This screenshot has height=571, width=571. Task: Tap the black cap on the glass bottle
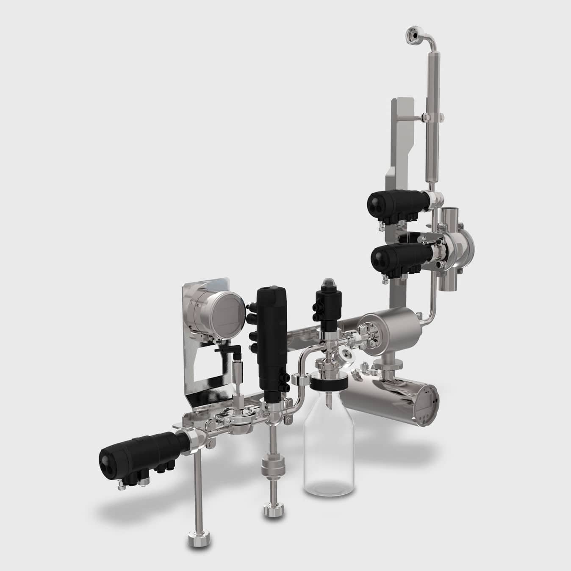click(x=329, y=384)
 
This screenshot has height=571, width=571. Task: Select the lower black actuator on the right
click(x=398, y=255)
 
